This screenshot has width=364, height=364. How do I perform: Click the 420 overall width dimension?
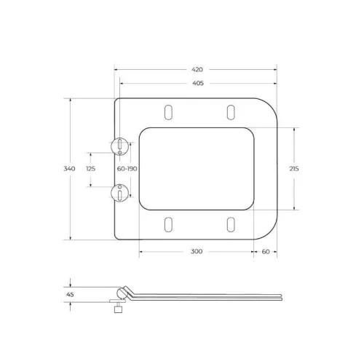(197, 70)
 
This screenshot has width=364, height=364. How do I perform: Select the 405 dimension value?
(197, 84)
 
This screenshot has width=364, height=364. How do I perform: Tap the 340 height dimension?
(70, 169)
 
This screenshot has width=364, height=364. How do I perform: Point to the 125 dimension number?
(91, 169)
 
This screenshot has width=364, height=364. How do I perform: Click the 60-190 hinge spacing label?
(127, 169)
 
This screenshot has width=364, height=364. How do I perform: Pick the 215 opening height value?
(294, 169)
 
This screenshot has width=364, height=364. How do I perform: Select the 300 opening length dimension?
(197, 251)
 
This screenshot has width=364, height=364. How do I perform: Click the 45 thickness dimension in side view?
(70, 294)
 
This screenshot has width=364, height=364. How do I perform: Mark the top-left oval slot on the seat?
(169, 112)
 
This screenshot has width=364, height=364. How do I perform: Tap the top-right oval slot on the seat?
(231, 112)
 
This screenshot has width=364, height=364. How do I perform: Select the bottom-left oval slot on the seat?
(169, 224)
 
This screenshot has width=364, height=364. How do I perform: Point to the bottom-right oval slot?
(231, 224)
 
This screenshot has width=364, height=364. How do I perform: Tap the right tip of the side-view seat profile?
(281, 296)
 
